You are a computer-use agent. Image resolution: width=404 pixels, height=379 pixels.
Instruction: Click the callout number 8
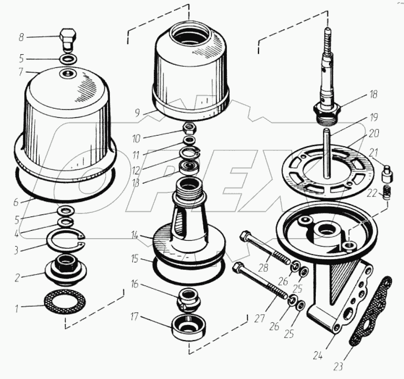tap(21, 37)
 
